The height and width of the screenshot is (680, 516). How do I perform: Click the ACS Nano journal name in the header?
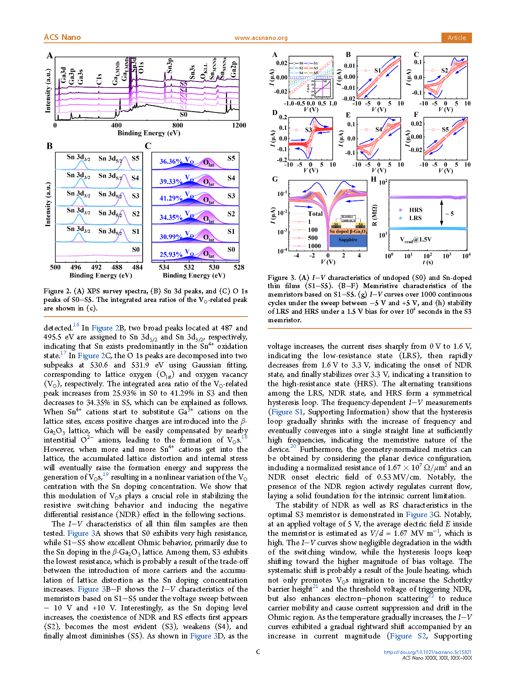pyautogui.click(x=62, y=37)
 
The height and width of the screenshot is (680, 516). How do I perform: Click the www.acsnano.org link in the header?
pyautogui.click(x=261, y=38)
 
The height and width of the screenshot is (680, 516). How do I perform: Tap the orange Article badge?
pyautogui.click(x=456, y=37)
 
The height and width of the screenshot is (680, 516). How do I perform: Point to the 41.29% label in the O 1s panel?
pyautogui.click(x=170, y=198)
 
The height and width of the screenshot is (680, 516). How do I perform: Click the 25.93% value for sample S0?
pyautogui.click(x=170, y=255)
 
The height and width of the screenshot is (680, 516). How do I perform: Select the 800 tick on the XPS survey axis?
pyautogui.click(x=177, y=125)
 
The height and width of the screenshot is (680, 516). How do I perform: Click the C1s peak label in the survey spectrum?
pyautogui.click(x=99, y=79)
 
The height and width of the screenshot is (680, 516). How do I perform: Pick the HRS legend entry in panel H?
pyautogui.click(x=415, y=210)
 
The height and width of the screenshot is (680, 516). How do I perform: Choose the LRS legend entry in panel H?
pyautogui.click(x=415, y=218)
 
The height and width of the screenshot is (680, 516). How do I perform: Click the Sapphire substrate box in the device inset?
pyautogui.click(x=348, y=240)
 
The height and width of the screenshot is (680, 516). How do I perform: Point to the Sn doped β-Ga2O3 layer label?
pyautogui.click(x=348, y=231)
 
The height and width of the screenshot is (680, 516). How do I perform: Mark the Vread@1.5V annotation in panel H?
pyautogui.click(x=415, y=240)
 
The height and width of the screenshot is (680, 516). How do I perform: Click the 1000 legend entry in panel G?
pyautogui.click(x=314, y=246)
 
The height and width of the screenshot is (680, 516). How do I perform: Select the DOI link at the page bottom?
pyautogui.click(x=428, y=652)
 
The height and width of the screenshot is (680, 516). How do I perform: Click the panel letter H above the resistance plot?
pyautogui.click(x=374, y=179)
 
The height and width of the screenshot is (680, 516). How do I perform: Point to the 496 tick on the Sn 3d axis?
pyautogui.click(x=76, y=267)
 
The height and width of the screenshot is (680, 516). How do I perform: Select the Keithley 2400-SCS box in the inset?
pyautogui.click(x=348, y=218)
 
